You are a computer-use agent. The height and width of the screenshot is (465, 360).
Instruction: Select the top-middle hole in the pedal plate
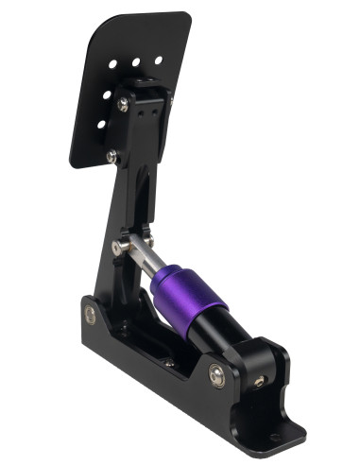tap(136, 62)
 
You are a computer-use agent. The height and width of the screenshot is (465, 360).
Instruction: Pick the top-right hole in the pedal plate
tap(158, 60)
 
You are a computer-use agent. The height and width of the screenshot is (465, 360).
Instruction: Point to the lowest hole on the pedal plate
tap(101, 125)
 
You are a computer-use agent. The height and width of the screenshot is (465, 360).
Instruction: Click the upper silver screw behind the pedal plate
tap(124, 106)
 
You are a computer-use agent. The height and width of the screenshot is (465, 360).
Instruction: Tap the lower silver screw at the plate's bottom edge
tap(112, 156)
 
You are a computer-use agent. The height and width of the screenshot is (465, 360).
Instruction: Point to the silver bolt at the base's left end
tap(90, 315)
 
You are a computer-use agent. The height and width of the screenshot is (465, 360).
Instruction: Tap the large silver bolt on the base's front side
tap(216, 375)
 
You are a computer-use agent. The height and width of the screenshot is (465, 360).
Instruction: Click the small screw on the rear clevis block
tap(259, 381)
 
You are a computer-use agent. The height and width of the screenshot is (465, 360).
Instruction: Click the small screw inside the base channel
tap(168, 361)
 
